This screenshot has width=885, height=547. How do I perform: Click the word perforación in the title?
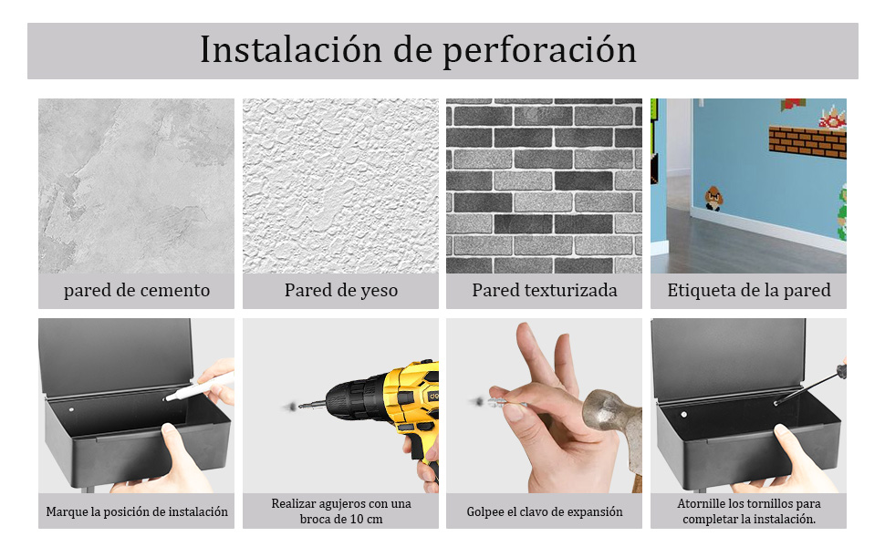pyautogui.click(x=540, y=51)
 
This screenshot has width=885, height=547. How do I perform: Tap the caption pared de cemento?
pyautogui.click(x=137, y=291)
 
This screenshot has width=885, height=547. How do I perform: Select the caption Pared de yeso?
pyautogui.click(x=340, y=291)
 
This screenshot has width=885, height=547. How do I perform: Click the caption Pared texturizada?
pyautogui.click(x=545, y=291)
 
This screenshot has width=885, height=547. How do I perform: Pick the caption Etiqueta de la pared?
pyautogui.click(x=748, y=291)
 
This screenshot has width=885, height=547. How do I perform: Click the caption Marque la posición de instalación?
pyautogui.click(x=137, y=511)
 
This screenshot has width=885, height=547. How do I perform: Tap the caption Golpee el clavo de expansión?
pyautogui.click(x=545, y=511)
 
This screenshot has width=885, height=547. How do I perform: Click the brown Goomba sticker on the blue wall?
pyautogui.click(x=713, y=196)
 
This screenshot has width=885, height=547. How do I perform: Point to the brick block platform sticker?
pyautogui.click(x=807, y=141)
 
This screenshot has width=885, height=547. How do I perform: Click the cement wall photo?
pyautogui.click(x=137, y=186)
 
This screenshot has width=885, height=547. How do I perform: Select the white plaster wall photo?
pyautogui.click(x=340, y=186)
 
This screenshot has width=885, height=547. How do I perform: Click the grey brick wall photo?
pyautogui.click(x=545, y=186)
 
